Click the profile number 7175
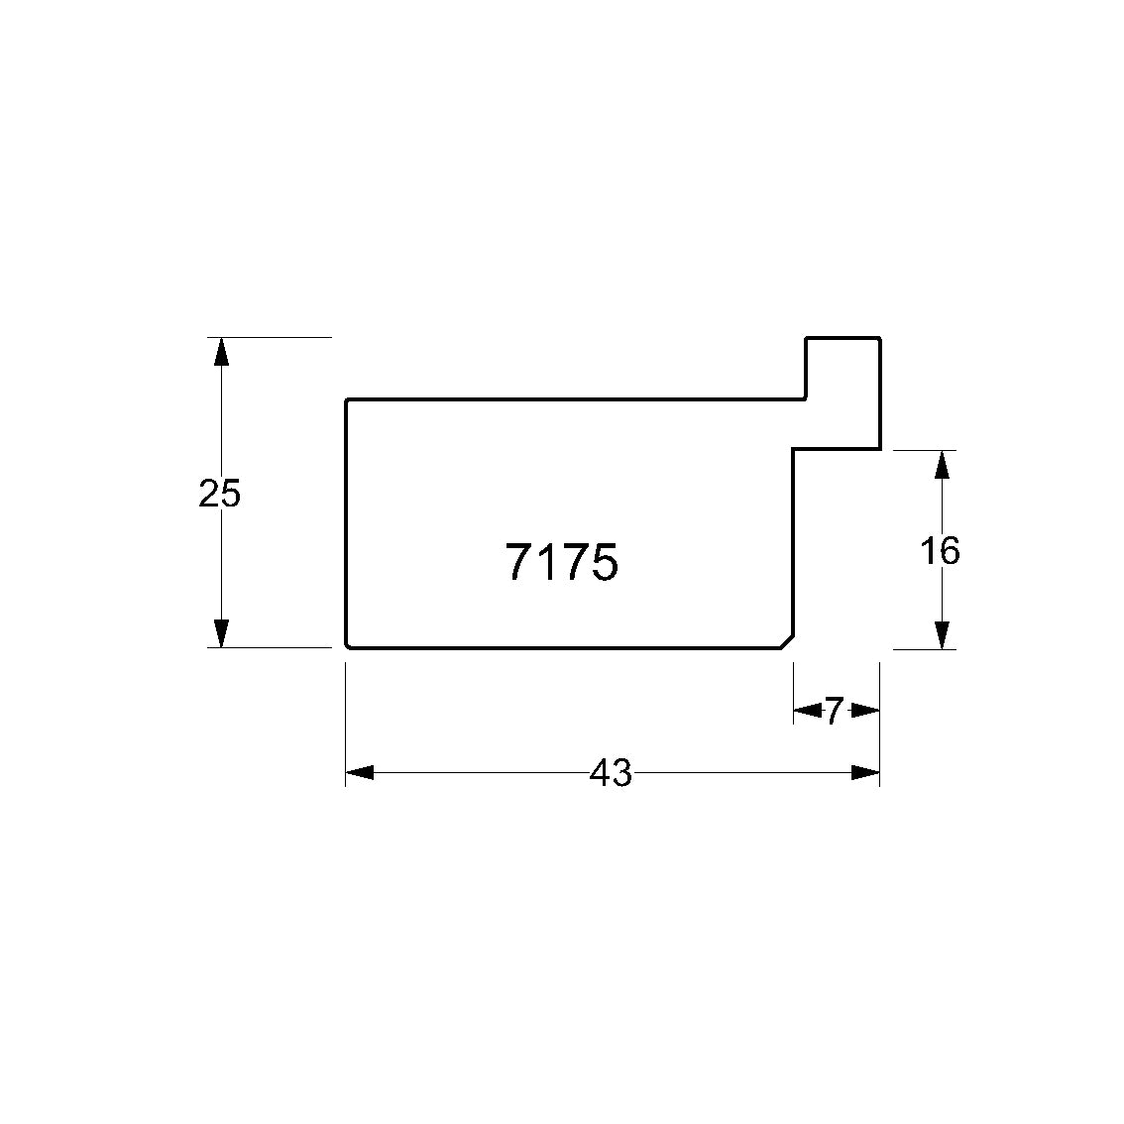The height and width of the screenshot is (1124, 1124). (x=561, y=562)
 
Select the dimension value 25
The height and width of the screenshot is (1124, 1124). (x=219, y=494)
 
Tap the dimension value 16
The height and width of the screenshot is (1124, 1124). (x=939, y=551)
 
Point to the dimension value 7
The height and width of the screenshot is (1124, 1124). (x=833, y=711)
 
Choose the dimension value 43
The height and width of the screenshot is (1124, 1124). (x=611, y=773)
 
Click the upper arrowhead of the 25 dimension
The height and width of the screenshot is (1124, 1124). (x=221, y=351)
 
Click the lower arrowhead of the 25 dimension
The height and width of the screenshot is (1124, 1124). (x=221, y=633)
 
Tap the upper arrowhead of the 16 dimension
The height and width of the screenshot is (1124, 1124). (x=943, y=465)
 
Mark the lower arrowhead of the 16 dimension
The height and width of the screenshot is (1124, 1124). (x=943, y=635)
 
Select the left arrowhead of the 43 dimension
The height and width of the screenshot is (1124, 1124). (x=360, y=773)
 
